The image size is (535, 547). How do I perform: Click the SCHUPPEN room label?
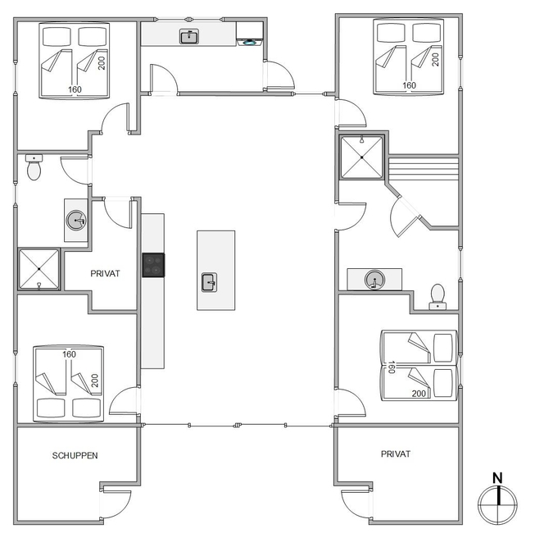[75, 455]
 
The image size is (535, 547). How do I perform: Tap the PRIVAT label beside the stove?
[105, 274]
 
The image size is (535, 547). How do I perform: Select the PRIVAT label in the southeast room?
[396, 454]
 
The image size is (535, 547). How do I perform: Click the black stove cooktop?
[153, 266]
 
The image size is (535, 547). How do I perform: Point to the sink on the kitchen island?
[209, 282]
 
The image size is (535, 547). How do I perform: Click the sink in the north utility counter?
[189, 37]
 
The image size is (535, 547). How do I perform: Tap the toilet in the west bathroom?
[34, 167]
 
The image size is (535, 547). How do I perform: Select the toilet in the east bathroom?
[438, 297]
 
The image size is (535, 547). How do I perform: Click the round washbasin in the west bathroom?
[76, 220]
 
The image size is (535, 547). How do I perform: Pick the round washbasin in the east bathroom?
[374, 280]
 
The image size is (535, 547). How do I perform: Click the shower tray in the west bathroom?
[39, 269]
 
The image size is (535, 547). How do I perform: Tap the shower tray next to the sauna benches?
[362, 157]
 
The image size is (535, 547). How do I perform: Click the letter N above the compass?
[497, 478]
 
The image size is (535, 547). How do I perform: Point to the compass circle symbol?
[497, 504]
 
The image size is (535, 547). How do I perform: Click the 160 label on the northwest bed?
[75, 89]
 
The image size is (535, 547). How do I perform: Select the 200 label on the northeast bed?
[435, 60]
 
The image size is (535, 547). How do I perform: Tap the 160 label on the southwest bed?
[69, 354]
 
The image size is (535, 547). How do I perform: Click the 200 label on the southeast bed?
[419, 394]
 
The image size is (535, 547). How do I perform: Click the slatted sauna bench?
[423, 169]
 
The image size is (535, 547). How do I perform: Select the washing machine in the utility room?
[250, 33]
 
